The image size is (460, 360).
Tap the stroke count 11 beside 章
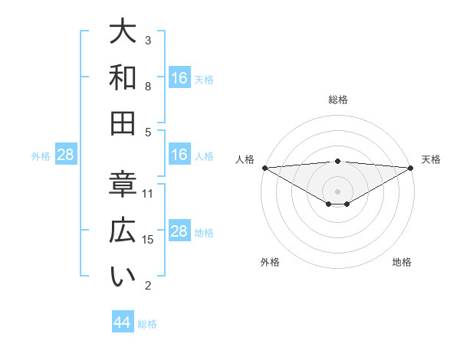[149, 193]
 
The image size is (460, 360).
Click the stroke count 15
[149, 240]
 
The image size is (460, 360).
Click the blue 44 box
[123, 322]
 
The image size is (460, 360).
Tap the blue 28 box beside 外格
[65, 155]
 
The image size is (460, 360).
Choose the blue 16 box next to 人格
[179, 155]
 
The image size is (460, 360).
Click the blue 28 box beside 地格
[179, 231]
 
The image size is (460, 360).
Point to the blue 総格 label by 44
[147, 323]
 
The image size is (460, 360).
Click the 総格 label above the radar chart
[338, 100]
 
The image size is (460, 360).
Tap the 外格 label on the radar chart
[270, 262]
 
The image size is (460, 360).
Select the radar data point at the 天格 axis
[412, 167]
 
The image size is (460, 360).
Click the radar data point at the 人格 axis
[264, 167]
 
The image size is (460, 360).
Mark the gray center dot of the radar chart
[338, 190]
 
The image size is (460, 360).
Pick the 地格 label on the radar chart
[402, 262]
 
